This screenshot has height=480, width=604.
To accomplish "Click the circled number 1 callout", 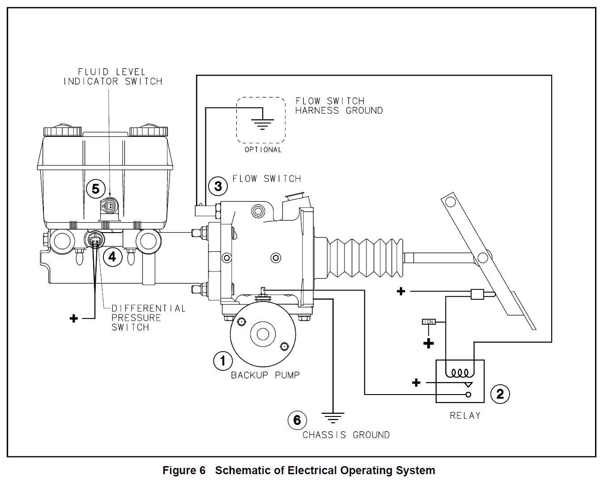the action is [223, 361].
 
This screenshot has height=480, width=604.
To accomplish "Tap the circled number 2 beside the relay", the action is [500, 394].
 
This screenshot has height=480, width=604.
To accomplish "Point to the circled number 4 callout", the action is [112, 257].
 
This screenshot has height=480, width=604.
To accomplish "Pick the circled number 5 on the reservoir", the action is [95, 189].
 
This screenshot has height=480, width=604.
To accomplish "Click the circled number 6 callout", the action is [297, 420].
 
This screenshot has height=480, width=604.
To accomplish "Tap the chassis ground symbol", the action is [333, 418].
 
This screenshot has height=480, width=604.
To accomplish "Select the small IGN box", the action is [429, 322].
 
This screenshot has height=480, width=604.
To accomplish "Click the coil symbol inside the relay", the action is [460, 373].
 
